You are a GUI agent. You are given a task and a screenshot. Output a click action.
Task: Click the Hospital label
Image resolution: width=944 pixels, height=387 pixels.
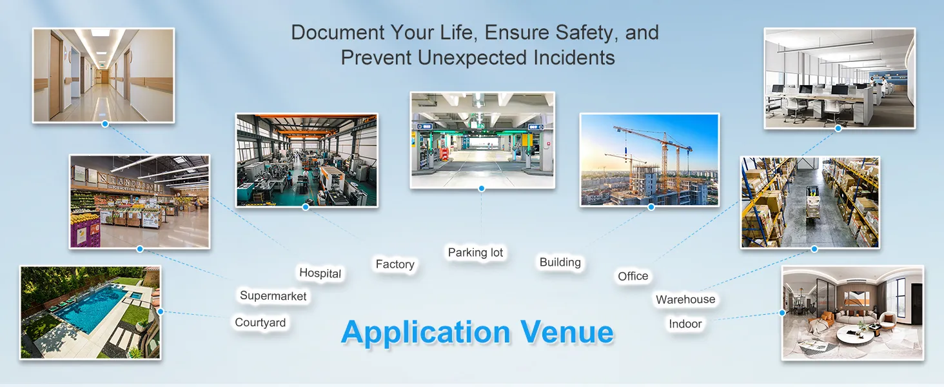(320, 273)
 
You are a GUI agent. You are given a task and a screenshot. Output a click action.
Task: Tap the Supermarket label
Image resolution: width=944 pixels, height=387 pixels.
(273, 296)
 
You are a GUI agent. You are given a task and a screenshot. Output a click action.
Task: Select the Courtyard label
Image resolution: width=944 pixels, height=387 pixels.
(260, 323)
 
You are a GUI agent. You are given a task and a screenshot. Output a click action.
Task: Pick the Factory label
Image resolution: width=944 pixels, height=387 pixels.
(395, 264)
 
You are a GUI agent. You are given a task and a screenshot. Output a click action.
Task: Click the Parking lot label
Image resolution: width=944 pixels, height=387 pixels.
(475, 253)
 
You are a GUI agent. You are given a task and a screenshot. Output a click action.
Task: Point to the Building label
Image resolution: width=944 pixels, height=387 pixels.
(560, 263)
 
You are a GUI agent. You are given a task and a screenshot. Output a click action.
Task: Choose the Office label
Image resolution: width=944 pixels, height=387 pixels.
(633, 276)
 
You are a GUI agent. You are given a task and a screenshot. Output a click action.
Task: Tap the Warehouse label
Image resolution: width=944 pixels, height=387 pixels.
(685, 299)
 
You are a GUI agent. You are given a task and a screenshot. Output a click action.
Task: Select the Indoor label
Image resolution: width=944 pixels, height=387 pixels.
(685, 324)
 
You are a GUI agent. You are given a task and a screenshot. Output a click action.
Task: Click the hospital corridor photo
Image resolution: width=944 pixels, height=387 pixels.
(103, 75)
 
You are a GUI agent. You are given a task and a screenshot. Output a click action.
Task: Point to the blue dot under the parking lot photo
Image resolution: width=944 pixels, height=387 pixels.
(482, 188)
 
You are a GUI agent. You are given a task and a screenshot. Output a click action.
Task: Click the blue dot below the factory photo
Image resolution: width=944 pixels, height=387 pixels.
(306, 207)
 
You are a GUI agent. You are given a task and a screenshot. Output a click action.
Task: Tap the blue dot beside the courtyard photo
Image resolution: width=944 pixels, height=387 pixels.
(161, 312)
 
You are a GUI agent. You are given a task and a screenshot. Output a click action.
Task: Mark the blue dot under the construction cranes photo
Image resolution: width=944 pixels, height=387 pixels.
(651, 207)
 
